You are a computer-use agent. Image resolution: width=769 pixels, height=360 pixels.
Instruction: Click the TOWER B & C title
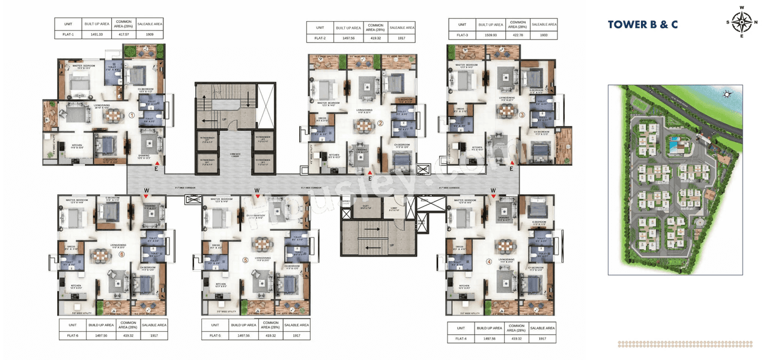point(642,25)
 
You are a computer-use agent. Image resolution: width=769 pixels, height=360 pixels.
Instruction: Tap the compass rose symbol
point(742,23)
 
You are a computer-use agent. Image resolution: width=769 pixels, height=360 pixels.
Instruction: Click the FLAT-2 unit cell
point(320,38)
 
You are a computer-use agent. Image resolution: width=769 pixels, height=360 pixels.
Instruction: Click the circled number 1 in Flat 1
point(132,115)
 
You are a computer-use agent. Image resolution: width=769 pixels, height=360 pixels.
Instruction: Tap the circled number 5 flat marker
point(245,260)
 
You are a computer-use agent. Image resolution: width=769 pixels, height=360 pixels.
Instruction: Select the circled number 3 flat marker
point(522,115)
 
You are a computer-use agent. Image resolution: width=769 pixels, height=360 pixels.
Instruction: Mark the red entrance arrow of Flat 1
point(157,162)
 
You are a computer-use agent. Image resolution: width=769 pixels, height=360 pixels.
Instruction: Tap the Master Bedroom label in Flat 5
point(217,200)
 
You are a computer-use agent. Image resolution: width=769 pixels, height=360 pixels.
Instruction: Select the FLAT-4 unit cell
point(460,339)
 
